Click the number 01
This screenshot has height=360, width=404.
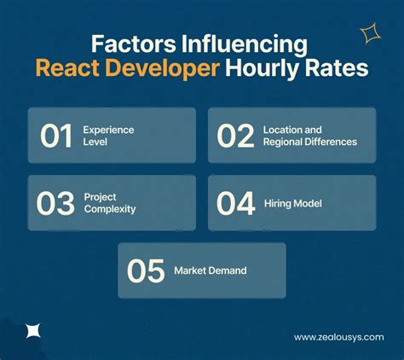pos(57,136)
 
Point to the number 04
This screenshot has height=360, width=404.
pos(236,203)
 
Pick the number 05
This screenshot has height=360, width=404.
pos(146,270)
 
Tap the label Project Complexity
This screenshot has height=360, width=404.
pos(109,203)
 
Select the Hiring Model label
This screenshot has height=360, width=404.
pos(291,203)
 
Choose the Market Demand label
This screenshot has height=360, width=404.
pos(210,270)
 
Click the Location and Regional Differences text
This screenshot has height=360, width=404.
pos(310,136)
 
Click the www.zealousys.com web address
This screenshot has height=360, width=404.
pos(338,337)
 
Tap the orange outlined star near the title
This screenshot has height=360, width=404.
pos(370,34)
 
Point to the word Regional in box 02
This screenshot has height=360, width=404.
pos(291,142)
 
